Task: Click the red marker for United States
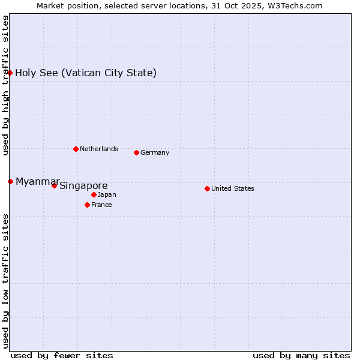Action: point(207,188)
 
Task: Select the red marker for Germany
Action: point(136,152)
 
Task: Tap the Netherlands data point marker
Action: point(76,149)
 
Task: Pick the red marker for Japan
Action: point(94,194)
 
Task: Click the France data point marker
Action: point(87,205)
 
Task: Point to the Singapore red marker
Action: point(54,185)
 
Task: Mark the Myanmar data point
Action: point(10,181)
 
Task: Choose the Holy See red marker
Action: point(10,73)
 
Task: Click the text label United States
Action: point(233,188)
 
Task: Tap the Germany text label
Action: point(155,152)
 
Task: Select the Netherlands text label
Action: point(99,149)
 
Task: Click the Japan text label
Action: point(107,194)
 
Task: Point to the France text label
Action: point(101,205)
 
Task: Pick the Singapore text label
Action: point(83,186)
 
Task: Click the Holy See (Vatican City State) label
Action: point(86,73)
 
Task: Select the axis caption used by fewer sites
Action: point(62,355)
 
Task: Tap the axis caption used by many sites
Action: point(301,355)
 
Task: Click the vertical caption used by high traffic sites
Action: point(5,85)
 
